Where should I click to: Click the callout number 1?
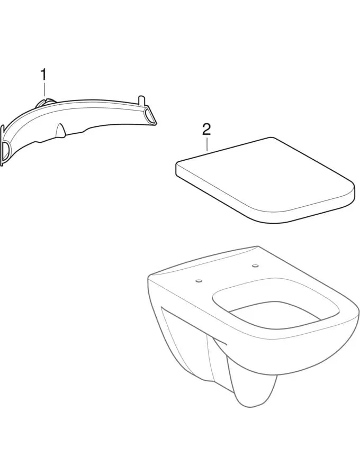point(44,75)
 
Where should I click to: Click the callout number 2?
point(206,130)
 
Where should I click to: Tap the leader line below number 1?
point(44,90)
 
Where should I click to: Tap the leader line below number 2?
point(206,144)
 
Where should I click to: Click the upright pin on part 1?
point(141,100)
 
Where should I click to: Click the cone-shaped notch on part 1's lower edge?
point(61,130)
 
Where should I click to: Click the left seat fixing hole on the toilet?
point(199,281)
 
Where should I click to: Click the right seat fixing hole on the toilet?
point(255,266)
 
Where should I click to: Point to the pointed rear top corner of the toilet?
point(257,246)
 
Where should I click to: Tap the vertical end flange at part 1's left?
point(3,146)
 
